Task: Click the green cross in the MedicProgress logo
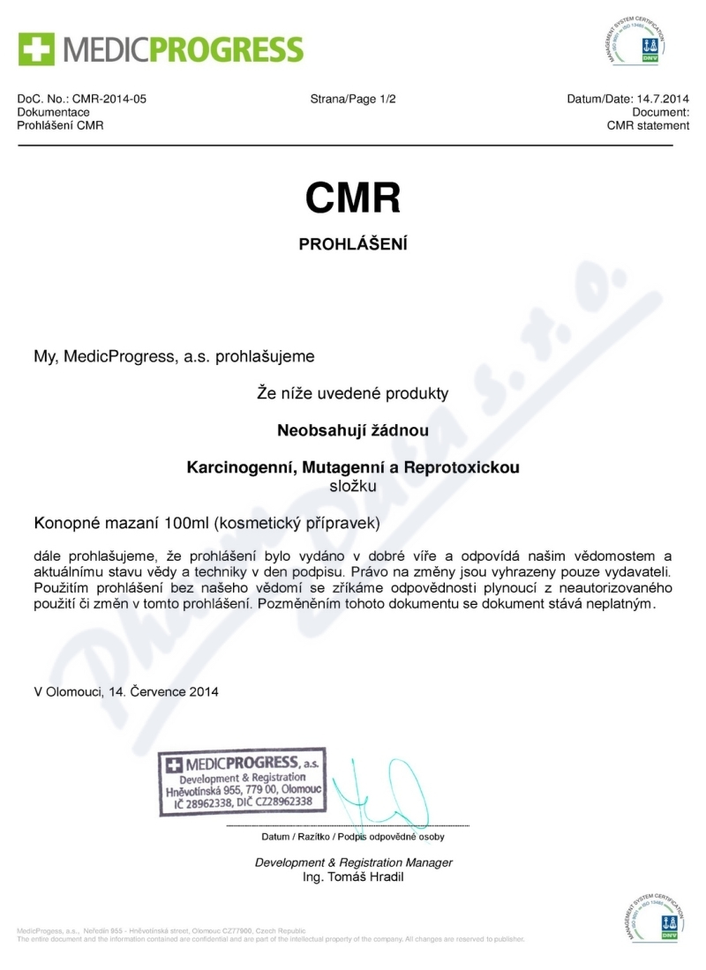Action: pos(34,48)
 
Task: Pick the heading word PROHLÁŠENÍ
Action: pos(353,244)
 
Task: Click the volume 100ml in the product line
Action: pos(183,524)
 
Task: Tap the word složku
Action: pos(353,485)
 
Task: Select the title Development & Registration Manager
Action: pos(353,862)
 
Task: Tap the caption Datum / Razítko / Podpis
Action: pos(353,836)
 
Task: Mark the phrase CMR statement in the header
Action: pos(648,126)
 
